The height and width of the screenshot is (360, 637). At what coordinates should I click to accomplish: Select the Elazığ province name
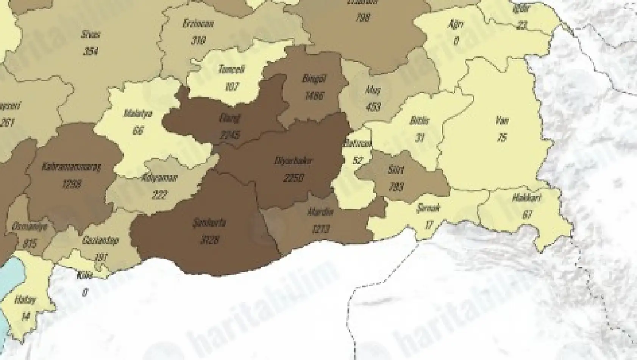(230, 118)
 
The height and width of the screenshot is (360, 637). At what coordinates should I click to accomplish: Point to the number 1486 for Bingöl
(314, 95)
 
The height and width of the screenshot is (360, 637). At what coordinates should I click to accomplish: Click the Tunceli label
(232, 70)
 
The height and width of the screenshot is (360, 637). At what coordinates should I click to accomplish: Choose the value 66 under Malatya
(138, 130)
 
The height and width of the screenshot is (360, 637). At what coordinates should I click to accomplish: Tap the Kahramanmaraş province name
(72, 167)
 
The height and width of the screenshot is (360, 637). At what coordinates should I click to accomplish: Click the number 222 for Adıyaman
(159, 195)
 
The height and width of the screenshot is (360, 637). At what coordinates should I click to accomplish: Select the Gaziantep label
(100, 240)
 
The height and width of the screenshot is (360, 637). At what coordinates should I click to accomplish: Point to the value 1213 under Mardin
(321, 229)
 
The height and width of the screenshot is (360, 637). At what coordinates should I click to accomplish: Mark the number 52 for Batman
(358, 160)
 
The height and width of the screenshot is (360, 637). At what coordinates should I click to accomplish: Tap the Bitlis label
(419, 121)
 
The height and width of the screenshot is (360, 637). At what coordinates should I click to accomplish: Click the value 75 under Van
(502, 137)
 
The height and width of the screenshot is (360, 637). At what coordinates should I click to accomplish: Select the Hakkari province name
(527, 198)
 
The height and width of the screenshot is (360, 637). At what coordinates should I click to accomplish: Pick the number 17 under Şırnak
(428, 225)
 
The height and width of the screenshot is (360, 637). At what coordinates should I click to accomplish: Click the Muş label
(373, 90)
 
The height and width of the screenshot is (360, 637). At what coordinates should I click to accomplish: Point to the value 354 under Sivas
(91, 50)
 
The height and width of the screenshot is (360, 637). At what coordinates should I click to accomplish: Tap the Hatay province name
(25, 300)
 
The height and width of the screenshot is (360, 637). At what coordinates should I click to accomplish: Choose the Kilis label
(84, 275)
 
